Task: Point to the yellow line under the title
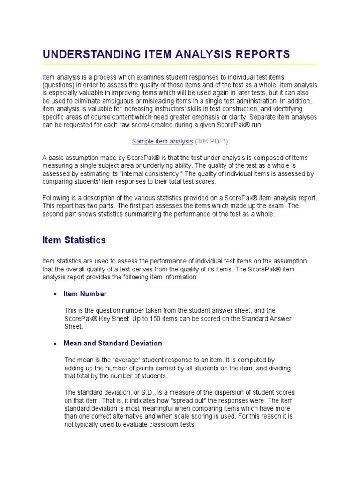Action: click(x=180, y=64)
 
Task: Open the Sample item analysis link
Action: click(x=162, y=141)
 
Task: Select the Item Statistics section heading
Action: click(x=74, y=240)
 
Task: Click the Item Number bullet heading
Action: click(x=85, y=294)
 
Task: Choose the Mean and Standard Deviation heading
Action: click(x=112, y=343)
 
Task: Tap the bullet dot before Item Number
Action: click(x=55, y=294)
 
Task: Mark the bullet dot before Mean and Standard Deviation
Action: click(x=55, y=344)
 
